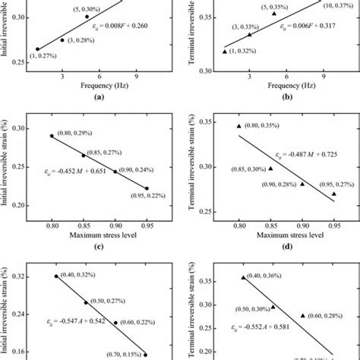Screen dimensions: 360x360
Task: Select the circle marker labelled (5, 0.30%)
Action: tap(87, 16)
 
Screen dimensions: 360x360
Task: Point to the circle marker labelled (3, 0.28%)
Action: tap(62, 40)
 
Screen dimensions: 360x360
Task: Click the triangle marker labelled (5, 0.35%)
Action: tap(274, 14)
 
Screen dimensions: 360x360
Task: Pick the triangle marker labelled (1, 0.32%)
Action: tap(225, 51)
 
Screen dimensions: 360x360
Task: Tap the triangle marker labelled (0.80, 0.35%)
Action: tap(239, 126)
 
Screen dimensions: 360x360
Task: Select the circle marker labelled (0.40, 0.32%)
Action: tap(56, 276)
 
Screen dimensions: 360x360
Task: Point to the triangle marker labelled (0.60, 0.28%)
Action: tap(302, 315)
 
